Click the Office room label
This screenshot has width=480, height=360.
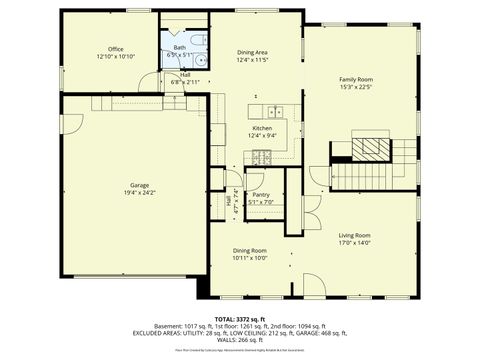[116, 49]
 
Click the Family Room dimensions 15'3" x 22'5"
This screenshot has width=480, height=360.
[355, 86]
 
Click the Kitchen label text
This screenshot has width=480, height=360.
[262, 129]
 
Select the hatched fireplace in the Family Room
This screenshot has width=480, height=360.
[371, 145]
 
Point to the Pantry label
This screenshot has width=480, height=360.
[261, 195]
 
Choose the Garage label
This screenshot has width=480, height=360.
[139, 185]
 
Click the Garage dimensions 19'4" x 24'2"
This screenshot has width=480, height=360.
[139, 192]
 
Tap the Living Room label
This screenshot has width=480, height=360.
[354, 235]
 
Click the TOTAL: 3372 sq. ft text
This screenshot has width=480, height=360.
[240, 318]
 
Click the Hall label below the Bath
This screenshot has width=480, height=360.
[185, 75]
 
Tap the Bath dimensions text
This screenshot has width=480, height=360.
[180, 55]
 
